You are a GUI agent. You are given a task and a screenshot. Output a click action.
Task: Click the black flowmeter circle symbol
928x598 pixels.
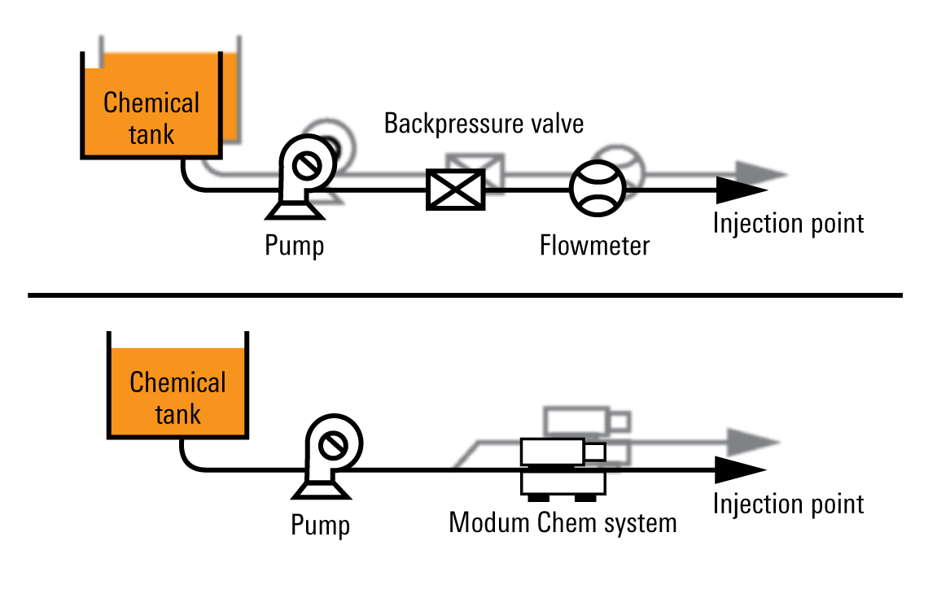597,187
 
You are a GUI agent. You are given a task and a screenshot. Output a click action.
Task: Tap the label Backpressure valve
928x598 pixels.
484,124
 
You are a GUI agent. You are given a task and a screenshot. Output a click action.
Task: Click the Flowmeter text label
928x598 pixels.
594,245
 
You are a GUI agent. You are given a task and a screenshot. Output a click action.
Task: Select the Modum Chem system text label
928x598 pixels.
562,522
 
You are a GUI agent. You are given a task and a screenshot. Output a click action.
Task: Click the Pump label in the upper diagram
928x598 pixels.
295,246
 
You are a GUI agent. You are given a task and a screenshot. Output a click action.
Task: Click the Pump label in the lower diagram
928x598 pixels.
321,526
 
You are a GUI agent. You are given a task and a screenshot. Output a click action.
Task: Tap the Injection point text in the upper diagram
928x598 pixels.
788,223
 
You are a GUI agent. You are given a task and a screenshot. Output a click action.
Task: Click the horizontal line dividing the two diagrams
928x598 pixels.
464,295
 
